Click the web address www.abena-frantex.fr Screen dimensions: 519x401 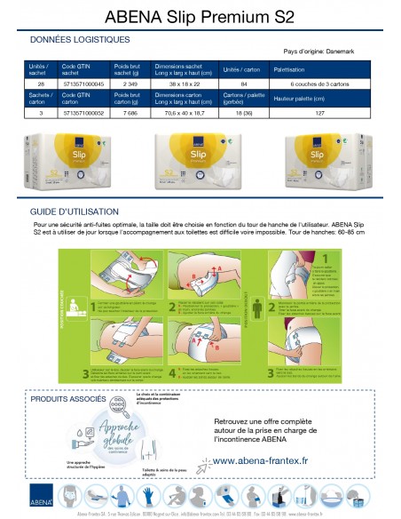pos(274,461)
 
